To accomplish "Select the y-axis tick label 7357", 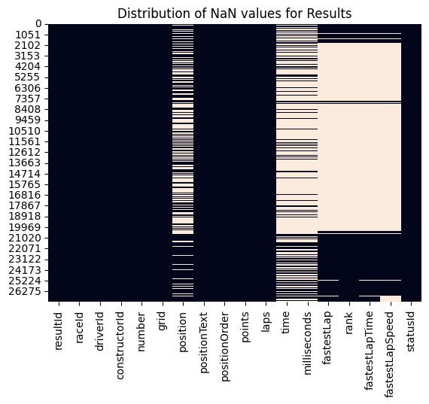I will [x=32, y=99].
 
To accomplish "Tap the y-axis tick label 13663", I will [x=29, y=163].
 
